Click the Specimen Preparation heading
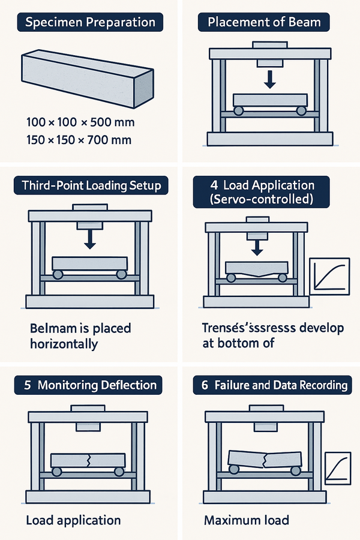(x=90, y=23)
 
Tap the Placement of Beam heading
(x=264, y=23)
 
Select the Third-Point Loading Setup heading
(x=90, y=185)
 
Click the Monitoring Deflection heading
(x=90, y=385)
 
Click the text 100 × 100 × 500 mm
(x=80, y=123)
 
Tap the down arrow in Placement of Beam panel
(x=269, y=79)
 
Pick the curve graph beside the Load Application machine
(x=329, y=277)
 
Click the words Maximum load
(x=247, y=520)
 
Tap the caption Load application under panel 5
(x=73, y=520)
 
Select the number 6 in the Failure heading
(x=205, y=385)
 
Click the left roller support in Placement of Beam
(x=238, y=110)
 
